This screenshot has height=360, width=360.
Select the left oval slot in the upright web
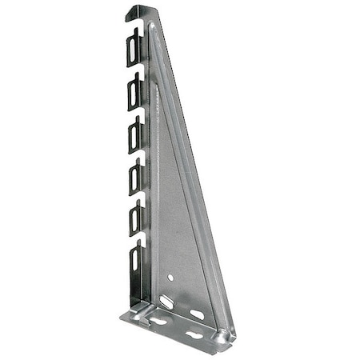point(167,302)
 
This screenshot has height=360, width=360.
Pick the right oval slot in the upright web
point(196,314)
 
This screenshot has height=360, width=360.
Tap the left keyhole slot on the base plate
point(158,320)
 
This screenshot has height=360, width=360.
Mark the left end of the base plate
point(126,317)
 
